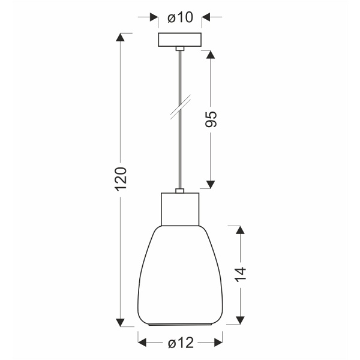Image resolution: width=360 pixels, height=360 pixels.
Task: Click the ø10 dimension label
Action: tap(180, 18)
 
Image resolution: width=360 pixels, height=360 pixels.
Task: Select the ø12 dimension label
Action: tap(180, 343)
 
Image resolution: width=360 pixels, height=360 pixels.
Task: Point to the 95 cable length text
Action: tap(211, 119)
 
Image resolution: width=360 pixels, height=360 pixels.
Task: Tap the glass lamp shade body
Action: tap(179, 276)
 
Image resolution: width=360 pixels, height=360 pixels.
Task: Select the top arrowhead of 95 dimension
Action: tap(211, 55)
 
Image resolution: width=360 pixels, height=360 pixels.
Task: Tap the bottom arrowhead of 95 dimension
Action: tap(211, 184)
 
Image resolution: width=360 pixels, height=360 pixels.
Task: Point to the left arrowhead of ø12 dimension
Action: tap(143, 343)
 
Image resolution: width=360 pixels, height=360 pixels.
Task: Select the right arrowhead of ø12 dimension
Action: tap(217, 343)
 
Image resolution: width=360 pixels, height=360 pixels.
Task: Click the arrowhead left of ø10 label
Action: tap(154, 18)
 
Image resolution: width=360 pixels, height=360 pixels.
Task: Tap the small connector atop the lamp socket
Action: tap(179, 191)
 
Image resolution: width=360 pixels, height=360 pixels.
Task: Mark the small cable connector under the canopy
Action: tap(179, 48)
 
